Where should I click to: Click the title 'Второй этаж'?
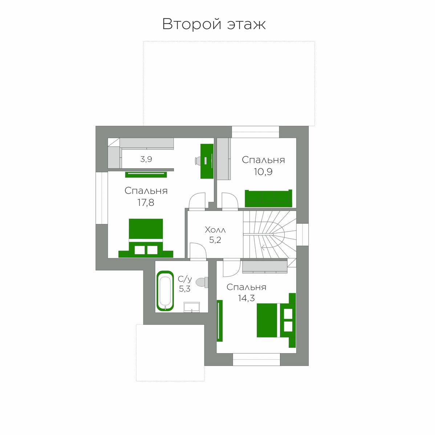(214, 24)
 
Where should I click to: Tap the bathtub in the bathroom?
(165, 290)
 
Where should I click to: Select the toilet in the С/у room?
(202, 282)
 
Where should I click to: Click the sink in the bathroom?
(192, 307)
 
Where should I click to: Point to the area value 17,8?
(146, 203)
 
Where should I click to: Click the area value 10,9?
(263, 172)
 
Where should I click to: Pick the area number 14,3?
(246, 298)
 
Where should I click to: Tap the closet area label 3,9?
(146, 159)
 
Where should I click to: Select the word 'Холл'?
(215, 230)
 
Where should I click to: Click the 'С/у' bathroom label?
(185, 279)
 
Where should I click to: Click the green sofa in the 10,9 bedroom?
(268, 198)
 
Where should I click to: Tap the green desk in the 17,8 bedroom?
(207, 161)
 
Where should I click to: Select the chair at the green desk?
(198, 161)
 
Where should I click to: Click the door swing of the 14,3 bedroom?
(232, 268)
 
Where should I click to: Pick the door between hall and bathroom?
(198, 252)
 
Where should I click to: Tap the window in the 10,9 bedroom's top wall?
(256, 132)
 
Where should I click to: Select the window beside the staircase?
(302, 235)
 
